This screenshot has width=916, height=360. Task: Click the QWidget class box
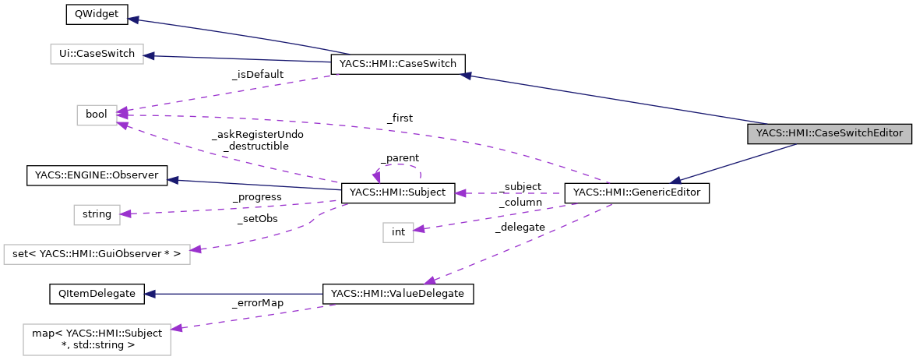coord(85,16)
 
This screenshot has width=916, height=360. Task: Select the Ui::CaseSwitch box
coord(97,55)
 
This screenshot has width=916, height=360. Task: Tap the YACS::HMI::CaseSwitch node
coord(398,64)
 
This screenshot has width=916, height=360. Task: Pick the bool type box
coord(97,115)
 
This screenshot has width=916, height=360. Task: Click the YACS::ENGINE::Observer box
coord(97,175)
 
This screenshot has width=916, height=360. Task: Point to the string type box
coord(97,214)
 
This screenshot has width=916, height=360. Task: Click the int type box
coord(398,231)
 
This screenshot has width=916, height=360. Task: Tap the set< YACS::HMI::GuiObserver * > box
coord(97,253)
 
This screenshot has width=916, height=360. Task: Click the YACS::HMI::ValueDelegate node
coord(398,294)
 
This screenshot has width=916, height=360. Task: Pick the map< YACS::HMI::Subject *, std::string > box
coord(97,339)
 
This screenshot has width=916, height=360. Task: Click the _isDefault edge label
coord(258,74)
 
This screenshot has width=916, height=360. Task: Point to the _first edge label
coord(400,118)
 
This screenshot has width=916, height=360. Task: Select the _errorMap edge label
coord(258,302)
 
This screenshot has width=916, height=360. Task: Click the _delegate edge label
coord(520,227)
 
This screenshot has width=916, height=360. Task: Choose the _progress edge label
coord(257,197)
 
